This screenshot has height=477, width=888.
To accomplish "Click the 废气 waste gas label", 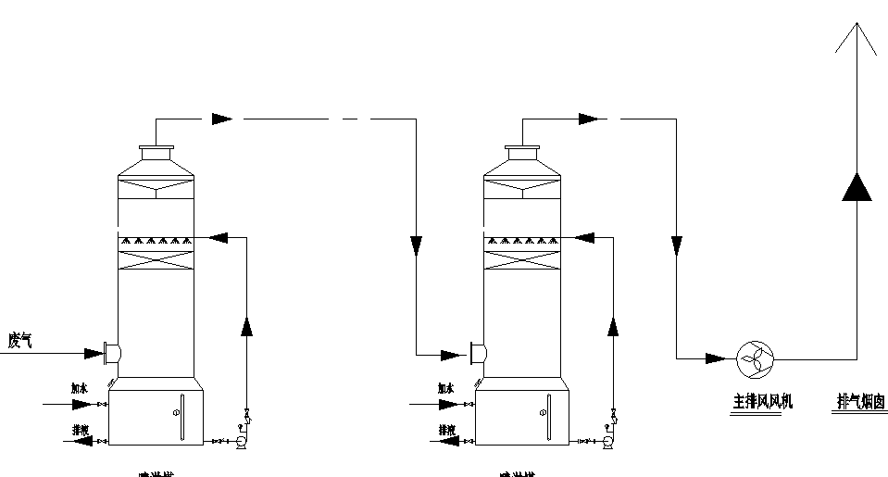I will pyautogui.click(x=21, y=341).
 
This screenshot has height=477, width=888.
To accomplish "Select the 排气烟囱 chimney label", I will pyautogui.click(x=861, y=402).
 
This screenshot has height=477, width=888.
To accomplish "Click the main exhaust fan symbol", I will pyautogui.click(x=755, y=358).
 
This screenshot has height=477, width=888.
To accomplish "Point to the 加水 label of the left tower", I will pyautogui.click(x=81, y=390).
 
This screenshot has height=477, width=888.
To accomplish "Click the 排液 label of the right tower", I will pyautogui.click(x=447, y=430).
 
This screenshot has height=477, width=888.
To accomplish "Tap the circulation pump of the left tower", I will pyautogui.click(x=242, y=444).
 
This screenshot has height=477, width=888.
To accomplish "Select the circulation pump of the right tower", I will pyautogui.click(x=608, y=444).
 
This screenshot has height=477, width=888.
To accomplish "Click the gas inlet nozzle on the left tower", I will pyautogui.click(x=113, y=352).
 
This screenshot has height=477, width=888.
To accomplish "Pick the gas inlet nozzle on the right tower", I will pyautogui.click(x=479, y=353).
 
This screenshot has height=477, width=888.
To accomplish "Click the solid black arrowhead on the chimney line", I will pyautogui.click(x=857, y=186).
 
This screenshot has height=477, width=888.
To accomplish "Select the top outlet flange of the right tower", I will pyautogui.click(x=524, y=150).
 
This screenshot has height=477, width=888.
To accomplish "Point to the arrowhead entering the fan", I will pyautogui.click(x=718, y=358).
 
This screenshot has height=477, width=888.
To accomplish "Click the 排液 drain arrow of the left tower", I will pyautogui.click(x=83, y=442).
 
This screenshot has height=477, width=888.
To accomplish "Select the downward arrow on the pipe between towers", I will pyautogui.click(x=417, y=245).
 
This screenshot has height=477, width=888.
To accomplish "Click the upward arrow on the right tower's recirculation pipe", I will pyautogui.click(x=612, y=327).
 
